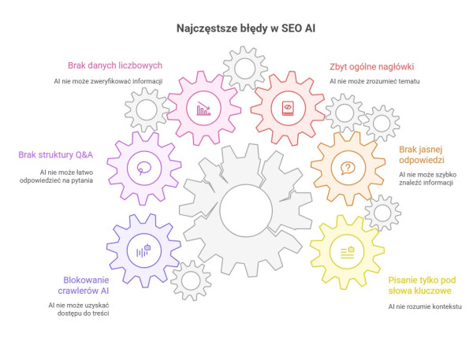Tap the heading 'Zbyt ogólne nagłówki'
[371, 66]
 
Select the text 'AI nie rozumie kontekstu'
[425, 306]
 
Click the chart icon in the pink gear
[204, 109]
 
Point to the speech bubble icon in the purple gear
[144, 167]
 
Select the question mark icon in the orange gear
[346, 168]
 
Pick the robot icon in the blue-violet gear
[144, 251]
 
